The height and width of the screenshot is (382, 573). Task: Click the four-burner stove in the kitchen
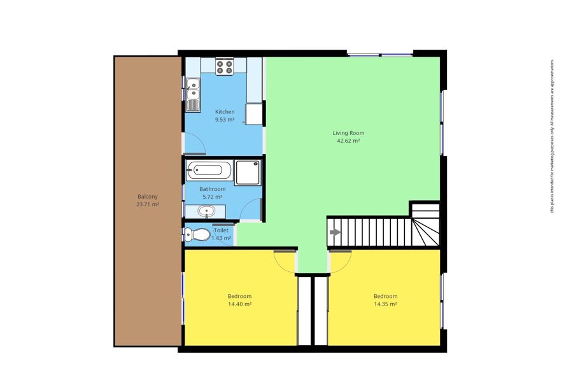point(224,66)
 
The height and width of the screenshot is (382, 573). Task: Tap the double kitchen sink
point(192,95)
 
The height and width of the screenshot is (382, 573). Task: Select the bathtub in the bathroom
point(209,170)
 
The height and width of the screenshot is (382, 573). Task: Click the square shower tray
point(248,172)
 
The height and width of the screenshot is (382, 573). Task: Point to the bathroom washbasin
point(206,211)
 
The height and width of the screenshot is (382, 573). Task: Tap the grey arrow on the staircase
point(335,232)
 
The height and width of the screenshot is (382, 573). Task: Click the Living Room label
point(348,133)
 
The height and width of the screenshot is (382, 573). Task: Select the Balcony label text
point(148,197)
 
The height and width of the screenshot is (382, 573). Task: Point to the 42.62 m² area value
point(348,141)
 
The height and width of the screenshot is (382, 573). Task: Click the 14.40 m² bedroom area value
point(239,304)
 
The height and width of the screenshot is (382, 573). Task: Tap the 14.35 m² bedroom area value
point(385,304)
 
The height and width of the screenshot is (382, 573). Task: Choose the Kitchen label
point(225,112)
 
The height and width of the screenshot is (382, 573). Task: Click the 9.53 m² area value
point(225,120)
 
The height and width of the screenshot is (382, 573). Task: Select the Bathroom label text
point(212,189)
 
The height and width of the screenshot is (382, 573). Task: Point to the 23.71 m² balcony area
point(148,204)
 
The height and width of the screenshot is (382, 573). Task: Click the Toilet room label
point(221,230)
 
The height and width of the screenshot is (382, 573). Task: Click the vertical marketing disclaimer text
point(553,136)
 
